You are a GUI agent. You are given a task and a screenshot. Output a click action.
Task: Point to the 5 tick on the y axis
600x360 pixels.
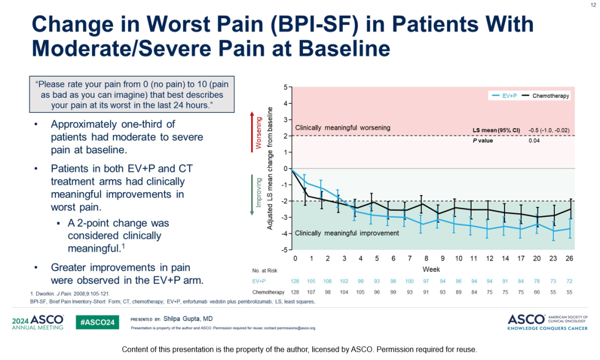pos(285,87)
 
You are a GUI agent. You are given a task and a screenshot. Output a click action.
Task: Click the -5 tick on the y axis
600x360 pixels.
pos(284,249)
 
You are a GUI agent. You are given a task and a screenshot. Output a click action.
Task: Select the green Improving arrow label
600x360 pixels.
pos(258,192)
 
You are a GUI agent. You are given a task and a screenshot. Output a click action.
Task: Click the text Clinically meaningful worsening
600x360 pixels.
pos(342,128)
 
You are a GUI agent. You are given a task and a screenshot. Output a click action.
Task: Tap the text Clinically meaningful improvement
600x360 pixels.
pos(347,233)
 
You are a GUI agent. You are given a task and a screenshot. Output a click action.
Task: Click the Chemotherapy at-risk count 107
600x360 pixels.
pos(312,292)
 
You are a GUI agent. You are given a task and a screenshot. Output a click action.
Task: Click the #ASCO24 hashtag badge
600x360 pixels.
pos(97,322)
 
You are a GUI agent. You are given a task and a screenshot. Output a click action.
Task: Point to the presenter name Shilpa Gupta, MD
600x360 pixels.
pos(192,319)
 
